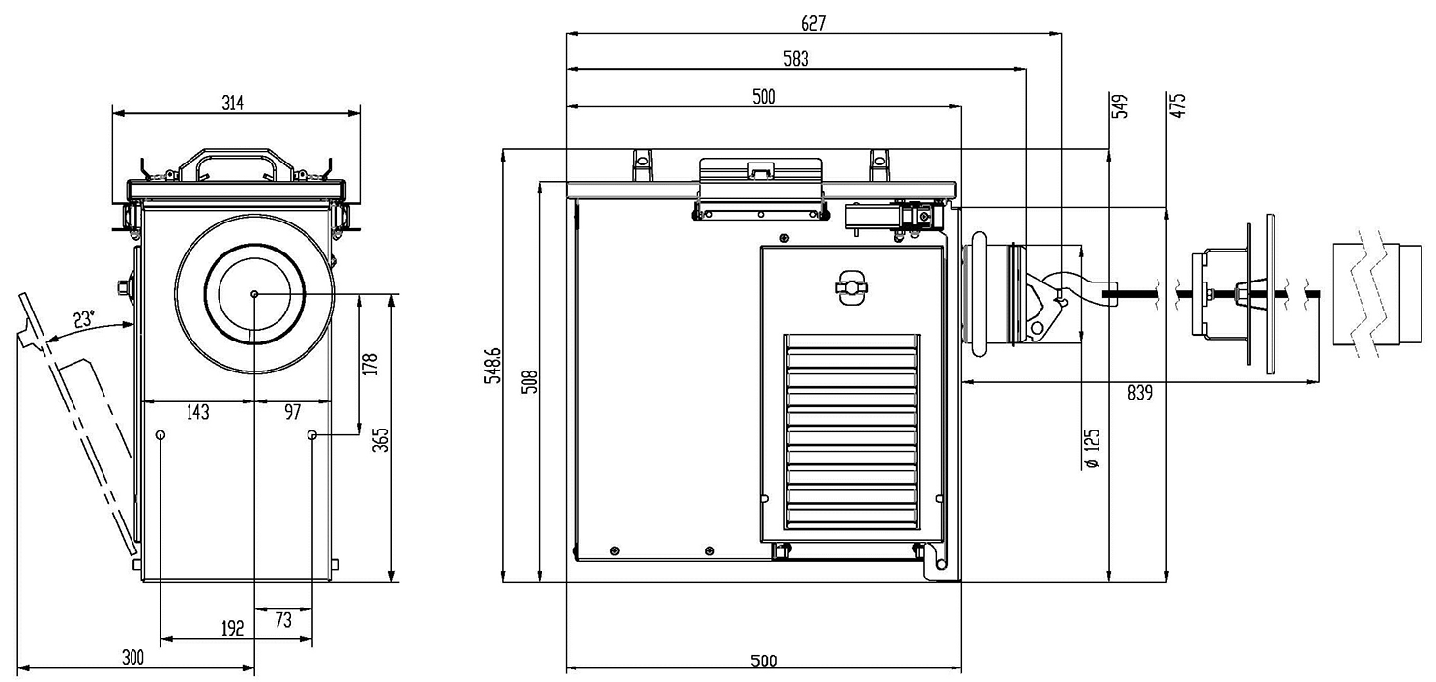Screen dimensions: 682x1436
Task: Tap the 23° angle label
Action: [85, 318]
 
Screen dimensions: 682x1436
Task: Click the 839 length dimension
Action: [1140, 392]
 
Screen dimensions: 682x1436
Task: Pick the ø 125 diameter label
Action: [1093, 451]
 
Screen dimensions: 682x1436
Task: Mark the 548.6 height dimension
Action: [495, 366]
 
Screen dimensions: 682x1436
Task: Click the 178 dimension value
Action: [368, 364]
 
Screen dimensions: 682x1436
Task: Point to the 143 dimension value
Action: [196, 412]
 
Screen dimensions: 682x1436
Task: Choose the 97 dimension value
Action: [292, 412]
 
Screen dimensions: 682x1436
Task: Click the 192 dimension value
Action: [232, 628]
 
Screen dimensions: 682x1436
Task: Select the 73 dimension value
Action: [283, 621]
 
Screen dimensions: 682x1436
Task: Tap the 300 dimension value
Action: [132, 658]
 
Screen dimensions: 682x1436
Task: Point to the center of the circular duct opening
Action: [253, 294]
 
